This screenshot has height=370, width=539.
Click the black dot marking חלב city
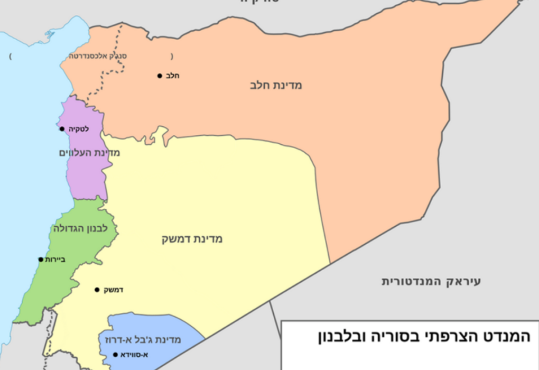(159, 76)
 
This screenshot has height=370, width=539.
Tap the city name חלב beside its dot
(173, 76)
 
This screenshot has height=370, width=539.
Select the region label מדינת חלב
(276, 85)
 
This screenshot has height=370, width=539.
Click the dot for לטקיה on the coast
(62, 129)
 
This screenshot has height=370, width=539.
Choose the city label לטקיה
(78, 128)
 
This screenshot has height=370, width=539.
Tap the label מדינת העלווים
(89, 153)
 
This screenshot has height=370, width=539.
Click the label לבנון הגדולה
(80, 228)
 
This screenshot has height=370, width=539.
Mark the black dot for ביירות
(41, 260)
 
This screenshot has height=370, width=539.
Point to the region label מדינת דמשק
(192, 239)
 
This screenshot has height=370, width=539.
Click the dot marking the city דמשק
(97, 290)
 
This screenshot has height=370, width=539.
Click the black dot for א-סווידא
(116, 355)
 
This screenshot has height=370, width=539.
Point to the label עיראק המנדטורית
(431, 281)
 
